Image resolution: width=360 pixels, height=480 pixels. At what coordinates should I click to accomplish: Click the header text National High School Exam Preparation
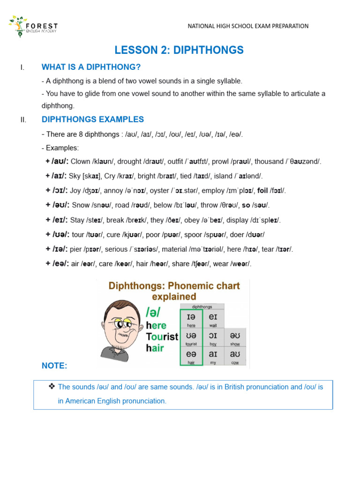point(248,26)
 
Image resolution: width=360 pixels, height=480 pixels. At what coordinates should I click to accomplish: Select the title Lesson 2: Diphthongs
point(179,50)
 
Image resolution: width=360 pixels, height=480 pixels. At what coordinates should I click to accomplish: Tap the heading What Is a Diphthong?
point(91,67)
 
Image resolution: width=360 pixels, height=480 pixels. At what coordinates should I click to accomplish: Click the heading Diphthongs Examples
point(93,120)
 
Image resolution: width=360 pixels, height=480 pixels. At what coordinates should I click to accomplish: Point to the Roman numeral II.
point(23,120)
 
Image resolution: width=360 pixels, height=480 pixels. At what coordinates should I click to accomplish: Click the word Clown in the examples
point(80,162)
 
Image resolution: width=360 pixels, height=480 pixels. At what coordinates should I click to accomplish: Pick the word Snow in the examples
point(80,205)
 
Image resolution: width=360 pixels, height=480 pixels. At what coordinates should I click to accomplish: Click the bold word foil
point(262,191)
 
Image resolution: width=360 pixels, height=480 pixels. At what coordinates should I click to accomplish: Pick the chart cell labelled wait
point(213,319)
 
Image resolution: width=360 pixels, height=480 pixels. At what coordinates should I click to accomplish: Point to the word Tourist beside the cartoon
point(162,337)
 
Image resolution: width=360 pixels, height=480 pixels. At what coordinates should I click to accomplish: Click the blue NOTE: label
point(54,366)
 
